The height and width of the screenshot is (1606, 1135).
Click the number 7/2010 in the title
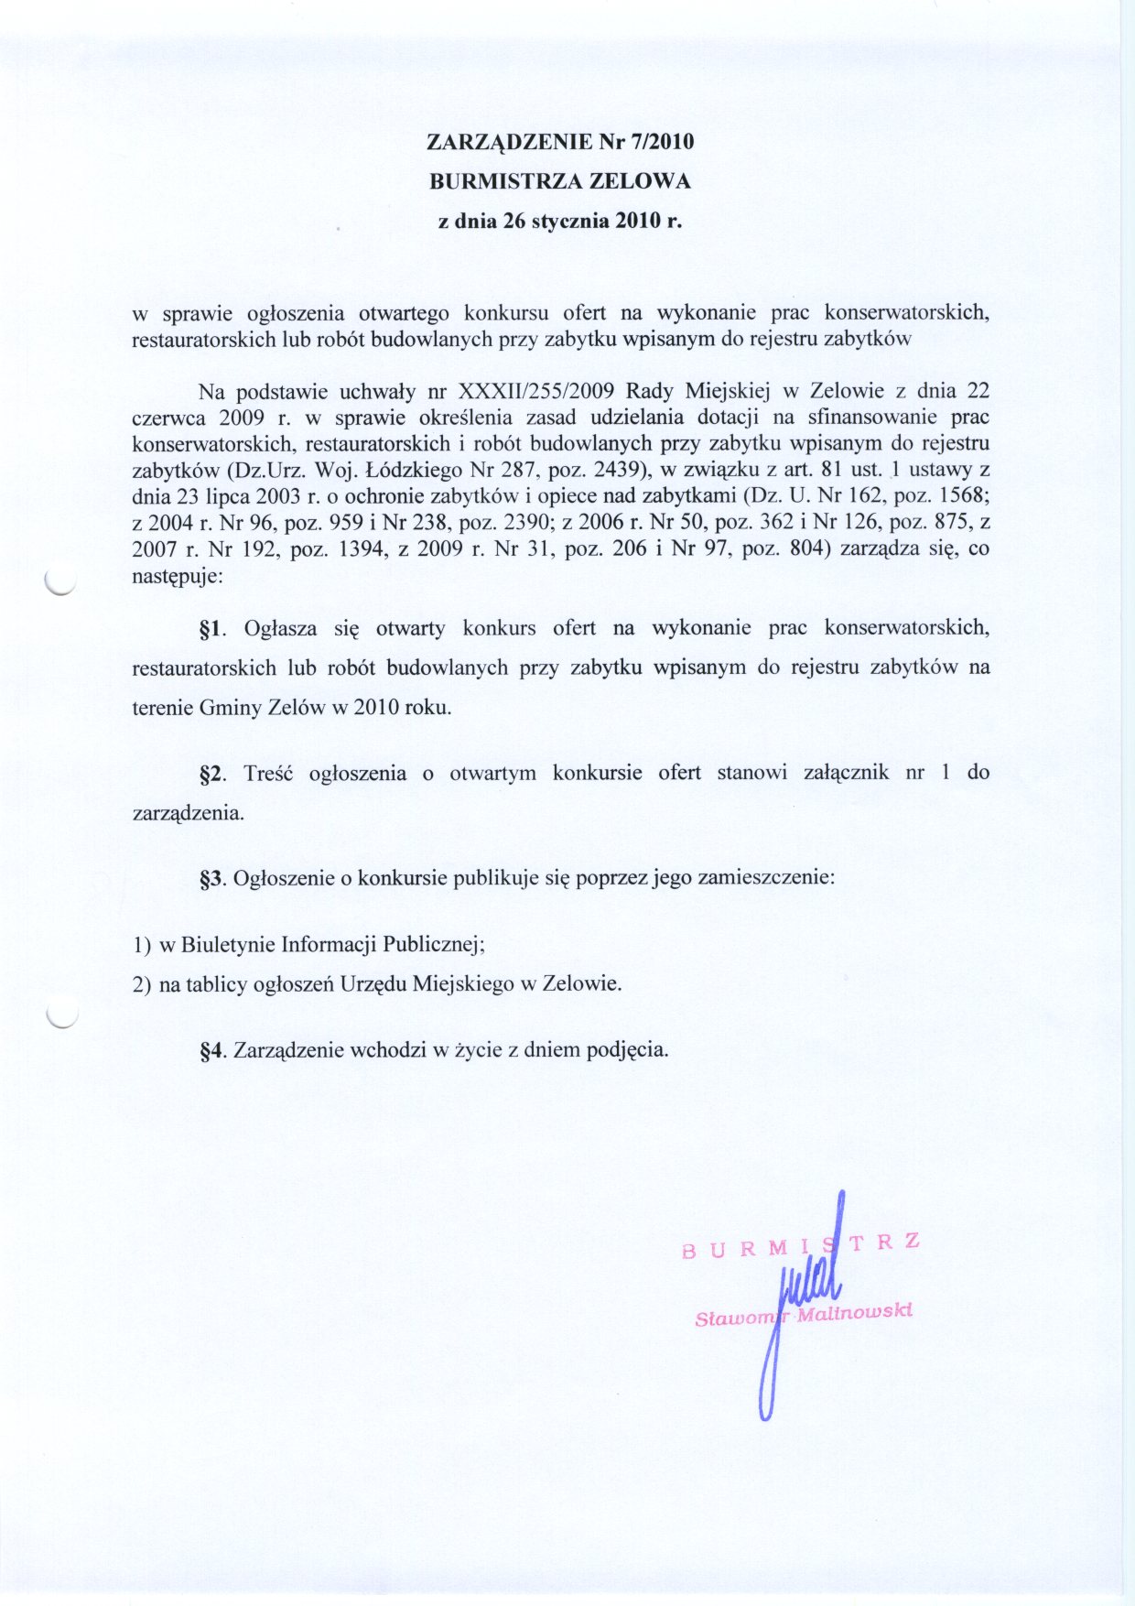tap(662, 142)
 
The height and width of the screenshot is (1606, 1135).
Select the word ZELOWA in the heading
tap(640, 181)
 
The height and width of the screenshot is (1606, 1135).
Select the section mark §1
tap(211, 629)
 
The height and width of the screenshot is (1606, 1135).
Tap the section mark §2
tap(211, 773)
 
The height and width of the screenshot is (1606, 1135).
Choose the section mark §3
tap(211, 878)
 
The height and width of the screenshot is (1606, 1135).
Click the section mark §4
tap(211, 1050)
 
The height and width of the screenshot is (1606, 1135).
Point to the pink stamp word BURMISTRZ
tap(800, 1246)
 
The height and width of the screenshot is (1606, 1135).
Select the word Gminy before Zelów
tap(227, 708)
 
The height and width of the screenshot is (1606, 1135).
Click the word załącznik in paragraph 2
tap(846, 773)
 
